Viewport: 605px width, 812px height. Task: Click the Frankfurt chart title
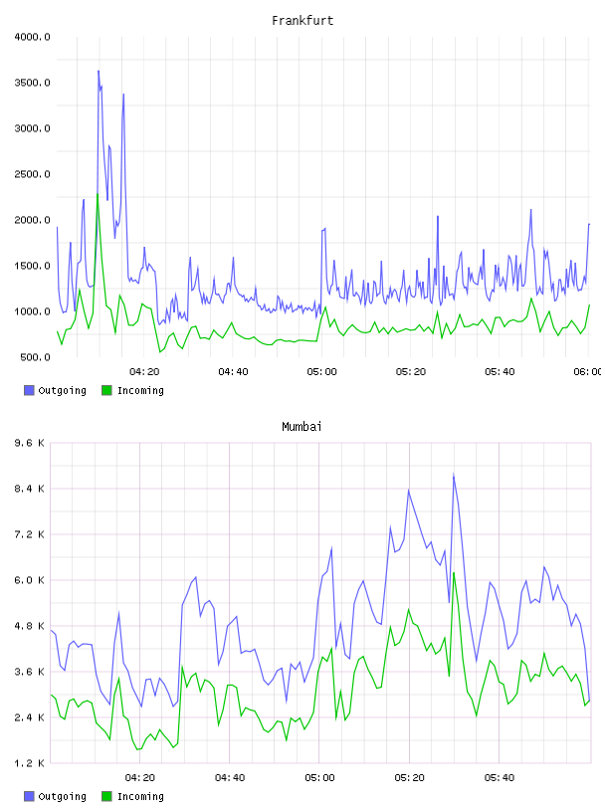[302, 21]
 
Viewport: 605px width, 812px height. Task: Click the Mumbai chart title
[302, 427]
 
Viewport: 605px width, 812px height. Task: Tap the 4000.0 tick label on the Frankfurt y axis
[32, 37]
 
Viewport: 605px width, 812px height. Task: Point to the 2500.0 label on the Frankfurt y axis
[32, 174]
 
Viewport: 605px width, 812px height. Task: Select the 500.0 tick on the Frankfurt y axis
[35, 357]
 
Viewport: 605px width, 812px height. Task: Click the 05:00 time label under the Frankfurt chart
[321, 372]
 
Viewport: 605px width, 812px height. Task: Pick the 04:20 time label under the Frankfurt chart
[144, 372]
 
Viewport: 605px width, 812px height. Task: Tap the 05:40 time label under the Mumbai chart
[500, 778]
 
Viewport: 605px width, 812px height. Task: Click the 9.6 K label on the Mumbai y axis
[30, 443]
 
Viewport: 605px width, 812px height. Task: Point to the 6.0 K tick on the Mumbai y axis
[30, 580]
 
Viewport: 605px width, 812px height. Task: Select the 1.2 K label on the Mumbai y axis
[30, 763]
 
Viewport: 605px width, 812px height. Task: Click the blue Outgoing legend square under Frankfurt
[29, 390]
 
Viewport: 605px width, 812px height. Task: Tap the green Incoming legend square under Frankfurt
[106, 390]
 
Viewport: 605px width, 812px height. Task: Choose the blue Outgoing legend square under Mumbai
[29, 796]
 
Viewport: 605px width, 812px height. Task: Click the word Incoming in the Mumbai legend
[140, 796]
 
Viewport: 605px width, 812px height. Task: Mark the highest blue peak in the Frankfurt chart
[99, 71]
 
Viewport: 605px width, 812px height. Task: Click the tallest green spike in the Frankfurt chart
[98, 194]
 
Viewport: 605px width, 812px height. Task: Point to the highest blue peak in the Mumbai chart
[454, 474]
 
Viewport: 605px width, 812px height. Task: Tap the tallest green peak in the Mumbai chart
[454, 573]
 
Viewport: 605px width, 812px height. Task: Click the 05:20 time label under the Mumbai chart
[409, 778]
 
